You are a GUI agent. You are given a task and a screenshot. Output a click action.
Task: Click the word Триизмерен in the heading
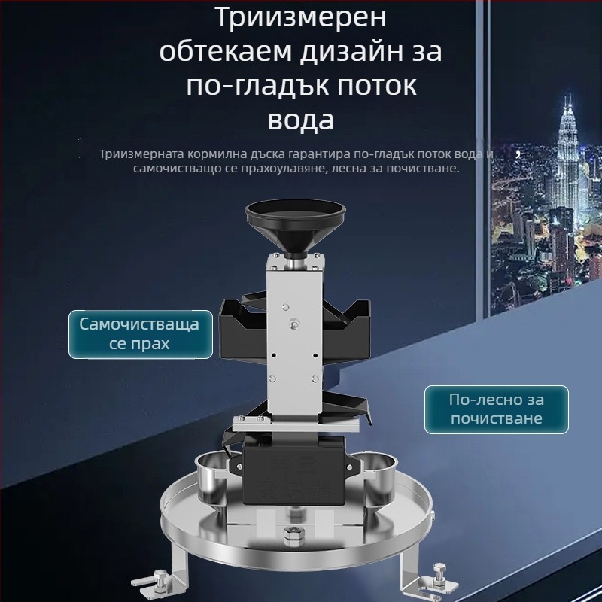(x=302, y=17)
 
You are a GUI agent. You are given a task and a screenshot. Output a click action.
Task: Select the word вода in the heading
(x=301, y=120)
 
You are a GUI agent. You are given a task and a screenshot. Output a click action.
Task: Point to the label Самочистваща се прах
(x=141, y=334)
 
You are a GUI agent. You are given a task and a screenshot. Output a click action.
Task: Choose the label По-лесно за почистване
(x=497, y=409)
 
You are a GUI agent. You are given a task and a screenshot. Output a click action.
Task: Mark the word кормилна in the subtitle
(x=216, y=154)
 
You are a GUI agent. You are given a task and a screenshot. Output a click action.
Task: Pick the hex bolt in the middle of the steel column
(x=295, y=324)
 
